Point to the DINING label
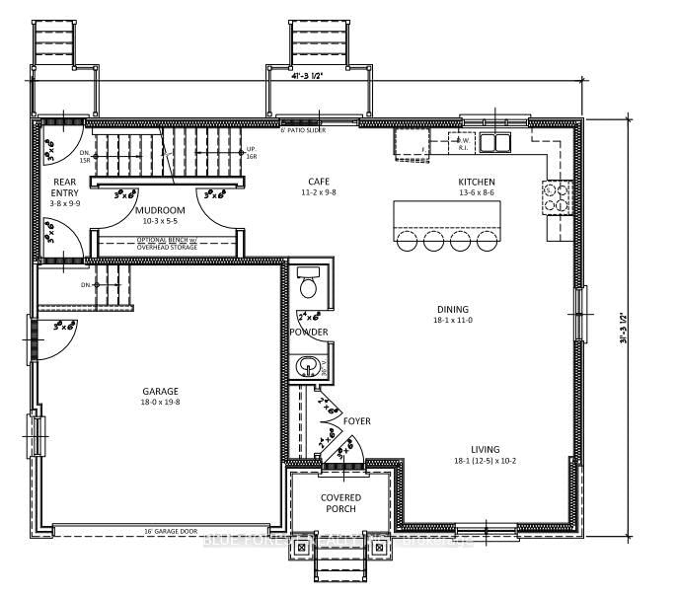point(452,309)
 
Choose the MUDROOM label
point(160,210)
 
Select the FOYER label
point(356,421)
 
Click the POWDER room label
point(308,333)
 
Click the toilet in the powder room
point(308,284)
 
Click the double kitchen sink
point(495,141)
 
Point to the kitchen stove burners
point(558,197)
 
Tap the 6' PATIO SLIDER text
point(303,130)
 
